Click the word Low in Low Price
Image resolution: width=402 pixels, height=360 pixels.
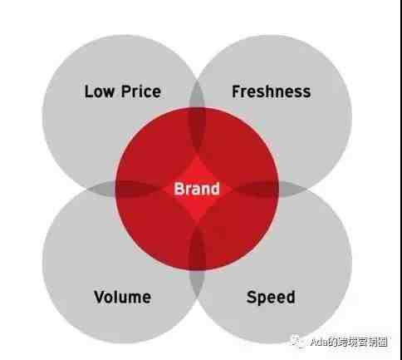(100, 91)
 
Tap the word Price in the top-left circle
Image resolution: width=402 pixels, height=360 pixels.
(141, 91)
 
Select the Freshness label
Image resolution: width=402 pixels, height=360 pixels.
(272, 91)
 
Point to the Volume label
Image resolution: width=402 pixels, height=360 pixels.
(122, 297)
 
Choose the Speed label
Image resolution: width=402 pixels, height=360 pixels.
(271, 298)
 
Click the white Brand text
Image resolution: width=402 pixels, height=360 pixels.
(197, 189)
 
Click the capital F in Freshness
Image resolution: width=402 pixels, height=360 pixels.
(237, 91)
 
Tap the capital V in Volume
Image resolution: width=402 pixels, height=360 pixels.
(100, 297)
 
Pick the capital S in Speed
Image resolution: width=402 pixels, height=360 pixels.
(252, 297)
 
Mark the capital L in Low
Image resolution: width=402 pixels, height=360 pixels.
(88, 91)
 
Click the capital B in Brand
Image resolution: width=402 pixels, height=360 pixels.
(179, 189)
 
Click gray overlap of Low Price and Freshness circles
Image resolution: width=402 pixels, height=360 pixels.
(197, 93)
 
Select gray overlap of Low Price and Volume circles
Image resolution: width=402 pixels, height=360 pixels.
(101, 188)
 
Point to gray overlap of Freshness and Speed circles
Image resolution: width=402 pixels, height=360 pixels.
(292, 189)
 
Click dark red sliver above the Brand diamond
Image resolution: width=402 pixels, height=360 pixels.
(197, 132)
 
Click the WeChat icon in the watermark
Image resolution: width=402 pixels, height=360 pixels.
(298, 341)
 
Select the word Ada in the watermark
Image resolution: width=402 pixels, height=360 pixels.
(319, 343)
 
